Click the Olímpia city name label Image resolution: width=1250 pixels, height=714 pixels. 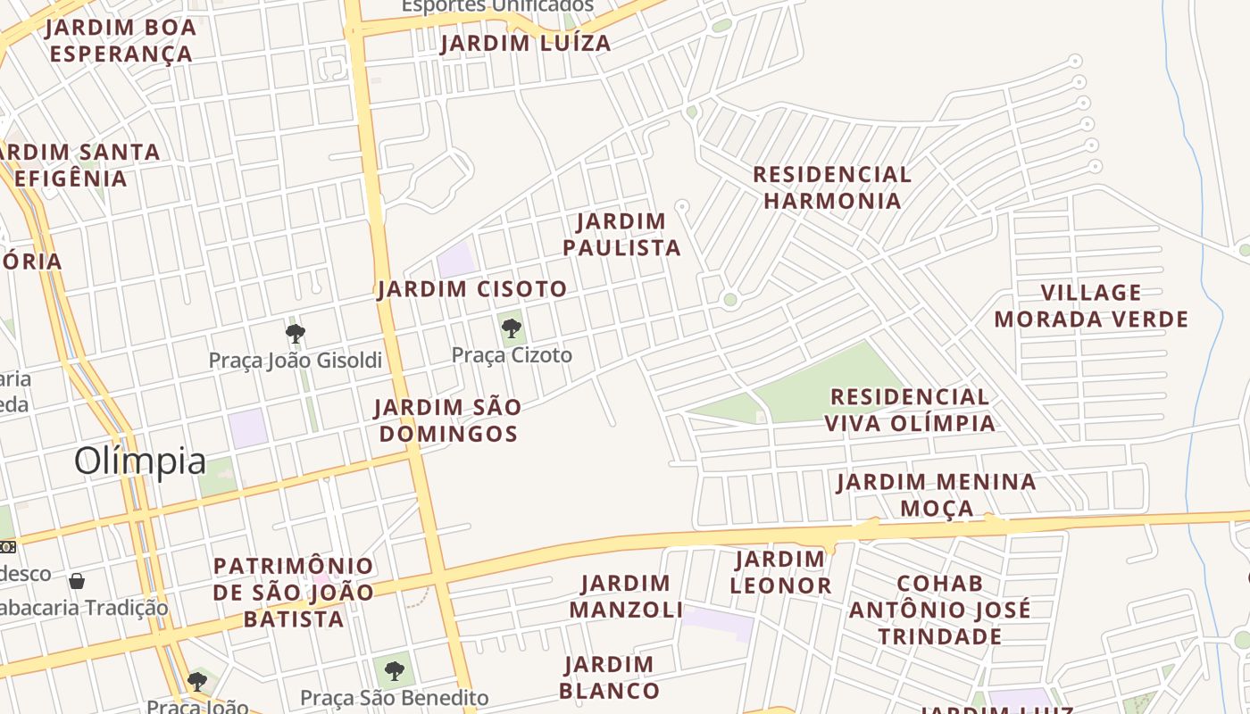pos(140,461)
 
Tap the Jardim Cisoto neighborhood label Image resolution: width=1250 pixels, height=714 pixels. pos(471,289)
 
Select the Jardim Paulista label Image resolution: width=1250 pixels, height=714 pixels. pos(622,234)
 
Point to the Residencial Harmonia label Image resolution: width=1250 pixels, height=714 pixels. pos(832,187)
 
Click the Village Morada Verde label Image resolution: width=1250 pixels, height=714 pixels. pos(1091,306)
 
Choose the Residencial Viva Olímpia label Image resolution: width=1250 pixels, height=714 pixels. pos(909,410)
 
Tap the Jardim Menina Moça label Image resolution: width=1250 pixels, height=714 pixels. pos(937,495)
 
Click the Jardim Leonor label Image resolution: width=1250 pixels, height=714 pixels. pos(780,572)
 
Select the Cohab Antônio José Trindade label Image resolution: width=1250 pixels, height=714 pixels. pos(939,610)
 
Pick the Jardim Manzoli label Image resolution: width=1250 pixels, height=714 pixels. pos(626,596)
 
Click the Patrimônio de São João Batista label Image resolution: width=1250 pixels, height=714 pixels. pos(294,592)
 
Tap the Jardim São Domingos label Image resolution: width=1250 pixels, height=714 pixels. pos(447,420)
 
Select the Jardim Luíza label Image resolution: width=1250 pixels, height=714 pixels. pos(526,43)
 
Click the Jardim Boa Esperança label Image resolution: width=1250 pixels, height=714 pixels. pos(121,40)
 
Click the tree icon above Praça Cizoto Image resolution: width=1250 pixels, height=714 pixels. pos(512,328)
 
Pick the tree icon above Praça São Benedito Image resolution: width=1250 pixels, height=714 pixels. pos(394,670)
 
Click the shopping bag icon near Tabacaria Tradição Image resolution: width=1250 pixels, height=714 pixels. pos(78,581)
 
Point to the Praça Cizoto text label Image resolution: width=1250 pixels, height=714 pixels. pos(512,355)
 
